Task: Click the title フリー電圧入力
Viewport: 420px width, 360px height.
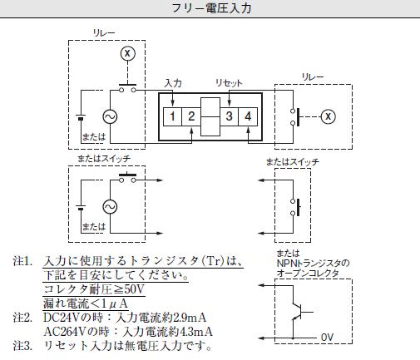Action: tap(211, 8)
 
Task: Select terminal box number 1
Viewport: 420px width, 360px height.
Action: tap(172, 116)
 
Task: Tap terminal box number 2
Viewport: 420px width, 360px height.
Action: tap(191, 116)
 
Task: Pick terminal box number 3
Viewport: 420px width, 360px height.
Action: tap(230, 116)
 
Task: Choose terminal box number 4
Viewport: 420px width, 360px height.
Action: tap(248, 116)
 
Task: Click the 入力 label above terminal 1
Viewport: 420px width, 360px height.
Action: tap(173, 83)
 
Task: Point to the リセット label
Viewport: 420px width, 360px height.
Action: tap(229, 82)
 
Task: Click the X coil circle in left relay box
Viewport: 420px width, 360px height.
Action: tap(128, 53)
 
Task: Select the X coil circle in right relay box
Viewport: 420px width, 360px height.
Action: tap(329, 116)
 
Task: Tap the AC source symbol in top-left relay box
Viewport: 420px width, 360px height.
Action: tap(110, 116)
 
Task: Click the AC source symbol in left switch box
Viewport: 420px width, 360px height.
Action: tap(110, 207)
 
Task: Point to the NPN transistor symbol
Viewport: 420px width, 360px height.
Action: tap(301, 312)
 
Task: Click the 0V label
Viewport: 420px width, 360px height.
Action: tap(327, 338)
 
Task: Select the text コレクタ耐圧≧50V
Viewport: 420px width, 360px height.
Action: tap(94, 289)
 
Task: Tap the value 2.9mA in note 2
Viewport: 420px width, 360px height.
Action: tap(190, 318)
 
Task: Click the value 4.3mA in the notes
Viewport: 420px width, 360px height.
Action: tap(196, 332)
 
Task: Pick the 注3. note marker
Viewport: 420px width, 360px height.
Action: tap(22, 346)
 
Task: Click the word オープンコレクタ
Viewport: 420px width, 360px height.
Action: tap(308, 274)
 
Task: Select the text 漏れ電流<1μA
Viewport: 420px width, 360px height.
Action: tap(86, 303)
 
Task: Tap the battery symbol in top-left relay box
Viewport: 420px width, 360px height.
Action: tap(81, 117)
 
